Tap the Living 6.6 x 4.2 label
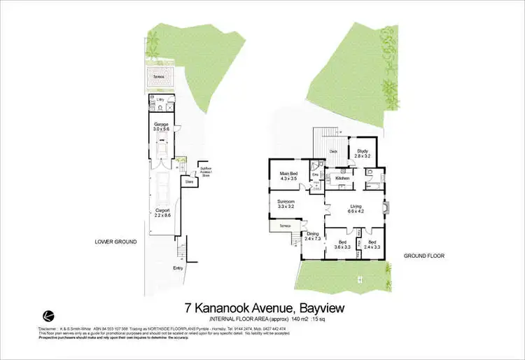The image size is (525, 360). pos(356,208)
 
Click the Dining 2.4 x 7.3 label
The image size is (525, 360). pos(313,237)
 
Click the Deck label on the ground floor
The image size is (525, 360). pos(334,151)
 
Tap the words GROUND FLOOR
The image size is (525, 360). pos(424,256)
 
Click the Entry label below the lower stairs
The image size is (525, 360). pos(179,267)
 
